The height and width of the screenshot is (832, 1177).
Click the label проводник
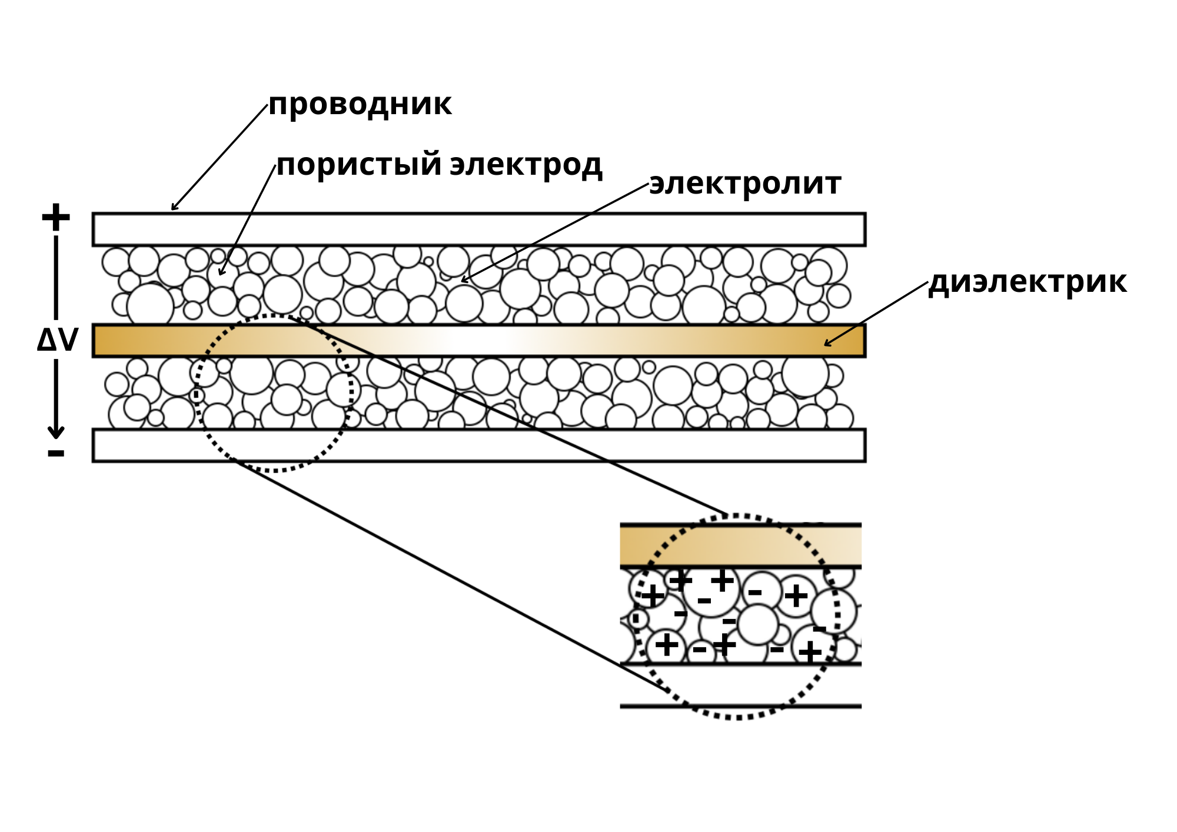pyautogui.click(x=360, y=105)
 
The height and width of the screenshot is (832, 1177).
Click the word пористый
pyautogui.click(x=359, y=165)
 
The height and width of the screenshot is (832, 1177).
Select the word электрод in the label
pyautogui.click(x=526, y=165)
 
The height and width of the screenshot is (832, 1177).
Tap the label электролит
pyautogui.click(x=745, y=184)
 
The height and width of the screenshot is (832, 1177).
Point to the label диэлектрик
pyautogui.click(x=1028, y=282)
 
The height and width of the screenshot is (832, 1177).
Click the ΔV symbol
pyautogui.click(x=58, y=340)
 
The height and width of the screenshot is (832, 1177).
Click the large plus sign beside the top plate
pyautogui.click(x=56, y=217)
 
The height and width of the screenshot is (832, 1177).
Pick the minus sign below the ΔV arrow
pyautogui.click(x=56, y=452)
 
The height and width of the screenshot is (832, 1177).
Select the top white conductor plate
pyautogui.click(x=479, y=229)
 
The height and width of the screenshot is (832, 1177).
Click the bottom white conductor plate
pyautogui.click(x=479, y=445)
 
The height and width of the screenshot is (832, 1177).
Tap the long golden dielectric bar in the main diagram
pyautogui.click(x=479, y=341)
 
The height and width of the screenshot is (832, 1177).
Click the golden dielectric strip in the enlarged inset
pyautogui.click(x=741, y=546)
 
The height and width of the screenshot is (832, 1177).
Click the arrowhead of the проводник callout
pyautogui.click(x=172, y=209)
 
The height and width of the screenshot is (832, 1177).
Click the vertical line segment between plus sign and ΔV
pyautogui.click(x=56, y=277)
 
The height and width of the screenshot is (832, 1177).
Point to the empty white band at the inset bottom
pyautogui.click(x=741, y=685)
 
